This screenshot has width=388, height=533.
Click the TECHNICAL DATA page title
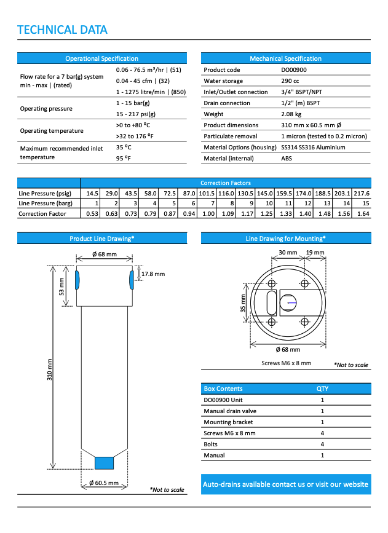click(62, 30)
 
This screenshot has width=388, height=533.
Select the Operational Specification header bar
click(101, 58)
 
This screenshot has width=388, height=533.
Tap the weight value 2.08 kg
click(291, 114)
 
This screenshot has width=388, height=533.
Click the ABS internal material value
click(287, 159)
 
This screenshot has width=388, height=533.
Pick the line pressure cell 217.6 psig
click(362, 193)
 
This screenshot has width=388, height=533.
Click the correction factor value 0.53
click(92, 214)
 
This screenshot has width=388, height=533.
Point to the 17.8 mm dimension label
click(152, 274)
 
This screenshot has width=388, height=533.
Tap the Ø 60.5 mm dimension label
click(103, 483)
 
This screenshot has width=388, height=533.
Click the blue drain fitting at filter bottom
click(104, 462)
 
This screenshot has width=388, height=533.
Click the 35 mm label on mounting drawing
click(243, 302)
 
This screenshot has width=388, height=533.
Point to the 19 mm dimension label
click(315, 252)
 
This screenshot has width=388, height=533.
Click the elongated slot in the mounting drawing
click(271, 303)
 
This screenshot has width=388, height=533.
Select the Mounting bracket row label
click(226, 422)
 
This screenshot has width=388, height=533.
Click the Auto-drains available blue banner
click(286, 484)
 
